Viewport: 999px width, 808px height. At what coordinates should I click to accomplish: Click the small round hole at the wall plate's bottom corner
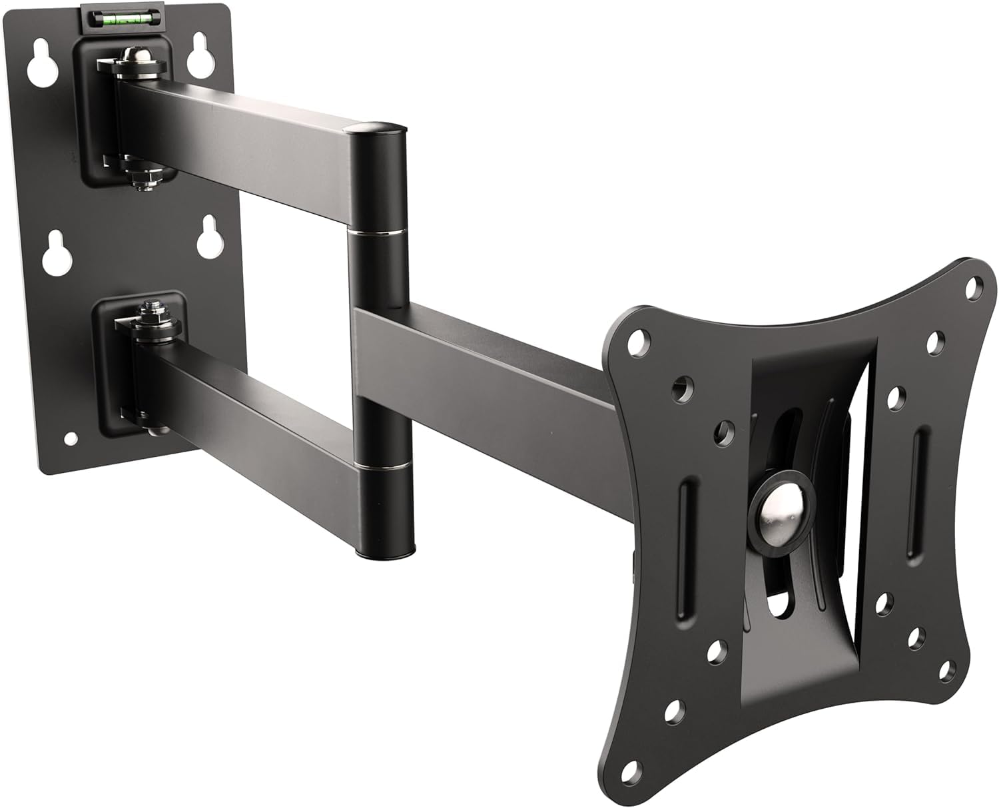click(69, 439)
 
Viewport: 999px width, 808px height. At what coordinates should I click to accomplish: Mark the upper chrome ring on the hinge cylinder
click(375, 232)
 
